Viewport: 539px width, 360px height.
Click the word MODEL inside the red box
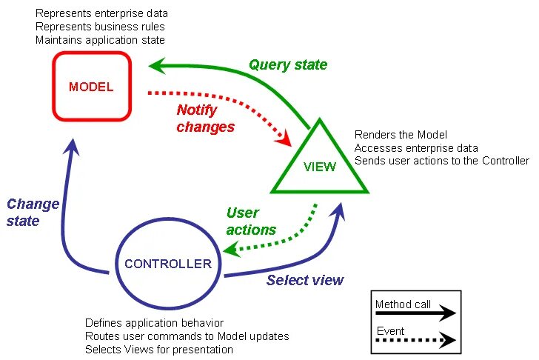[x=91, y=87]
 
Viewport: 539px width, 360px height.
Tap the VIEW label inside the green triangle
[x=320, y=167]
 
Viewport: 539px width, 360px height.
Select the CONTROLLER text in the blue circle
[x=168, y=264]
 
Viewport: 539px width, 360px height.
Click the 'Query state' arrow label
[x=288, y=64]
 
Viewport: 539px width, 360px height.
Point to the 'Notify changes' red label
[x=206, y=119]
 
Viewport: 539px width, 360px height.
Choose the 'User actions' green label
[x=251, y=221]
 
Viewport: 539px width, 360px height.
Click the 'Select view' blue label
[x=305, y=280]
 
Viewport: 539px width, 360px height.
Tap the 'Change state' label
[x=33, y=212]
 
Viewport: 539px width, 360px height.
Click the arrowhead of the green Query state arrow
[x=157, y=65]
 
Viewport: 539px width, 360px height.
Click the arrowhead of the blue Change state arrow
[x=72, y=147]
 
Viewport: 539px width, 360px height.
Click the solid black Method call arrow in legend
[x=415, y=313]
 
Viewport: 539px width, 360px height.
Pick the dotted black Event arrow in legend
[x=415, y=340]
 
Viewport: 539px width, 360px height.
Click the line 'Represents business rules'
[x=100, y=27]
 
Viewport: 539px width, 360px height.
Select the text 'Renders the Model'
[x=401, y=134]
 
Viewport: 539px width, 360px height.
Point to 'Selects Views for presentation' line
[x=158, y=350]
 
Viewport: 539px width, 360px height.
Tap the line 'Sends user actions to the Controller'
[x=442, y=161]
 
